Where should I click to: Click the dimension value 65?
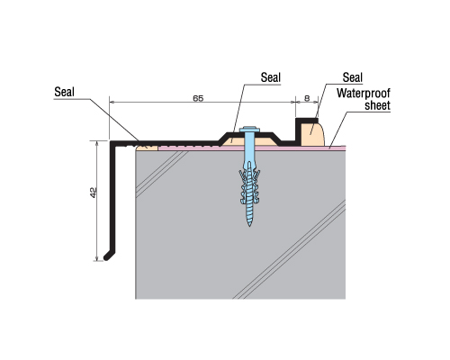tap(198, 98)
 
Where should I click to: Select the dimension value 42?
tap(94, 193)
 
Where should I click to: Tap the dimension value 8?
tap(307, 98)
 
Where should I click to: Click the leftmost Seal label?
tap(64, 92)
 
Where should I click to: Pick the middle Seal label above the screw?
tap(271, 77)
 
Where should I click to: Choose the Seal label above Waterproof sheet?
tap(353, 77)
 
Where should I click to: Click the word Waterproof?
tap(364, 93)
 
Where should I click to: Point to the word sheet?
tap(377, 105)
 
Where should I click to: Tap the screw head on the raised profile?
tap(249, 129)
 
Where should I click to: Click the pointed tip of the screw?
tap(249, 226)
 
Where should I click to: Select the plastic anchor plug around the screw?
tap(249, 183)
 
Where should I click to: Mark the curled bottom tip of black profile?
tap(106, 257)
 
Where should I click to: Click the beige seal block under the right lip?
tap(312, 134)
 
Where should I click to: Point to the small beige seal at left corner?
tap(147, 148)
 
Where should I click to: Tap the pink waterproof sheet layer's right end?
tap(345, 148)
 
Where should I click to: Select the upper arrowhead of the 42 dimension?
tap(96, 143)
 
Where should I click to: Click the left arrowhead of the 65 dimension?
tap(112, 102)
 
